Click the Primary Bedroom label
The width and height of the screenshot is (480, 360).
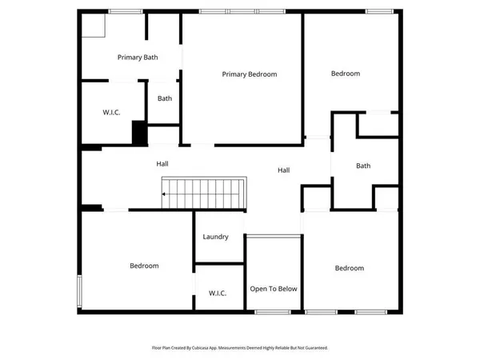pos(250,74)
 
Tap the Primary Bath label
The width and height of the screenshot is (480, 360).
pos(136,57)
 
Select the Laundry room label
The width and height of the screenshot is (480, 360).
pos(216,237)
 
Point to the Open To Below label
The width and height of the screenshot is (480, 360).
pos(274,289)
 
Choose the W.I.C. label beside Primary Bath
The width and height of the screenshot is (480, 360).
pos(111,112)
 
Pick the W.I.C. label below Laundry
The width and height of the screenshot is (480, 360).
pos(217,293)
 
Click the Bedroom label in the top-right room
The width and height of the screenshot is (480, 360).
pos(346,74)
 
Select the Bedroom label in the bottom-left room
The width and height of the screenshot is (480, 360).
pos(144,266)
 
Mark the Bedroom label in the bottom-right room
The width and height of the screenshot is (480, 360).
pos(350,268)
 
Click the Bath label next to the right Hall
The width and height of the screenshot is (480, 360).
pos(363,166)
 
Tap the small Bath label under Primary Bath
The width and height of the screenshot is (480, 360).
pos(165,99)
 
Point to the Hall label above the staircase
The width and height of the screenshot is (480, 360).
pos(162,164)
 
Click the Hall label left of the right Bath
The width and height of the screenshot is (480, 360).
pos(284,170)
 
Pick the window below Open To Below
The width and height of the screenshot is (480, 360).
pos(274,310)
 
